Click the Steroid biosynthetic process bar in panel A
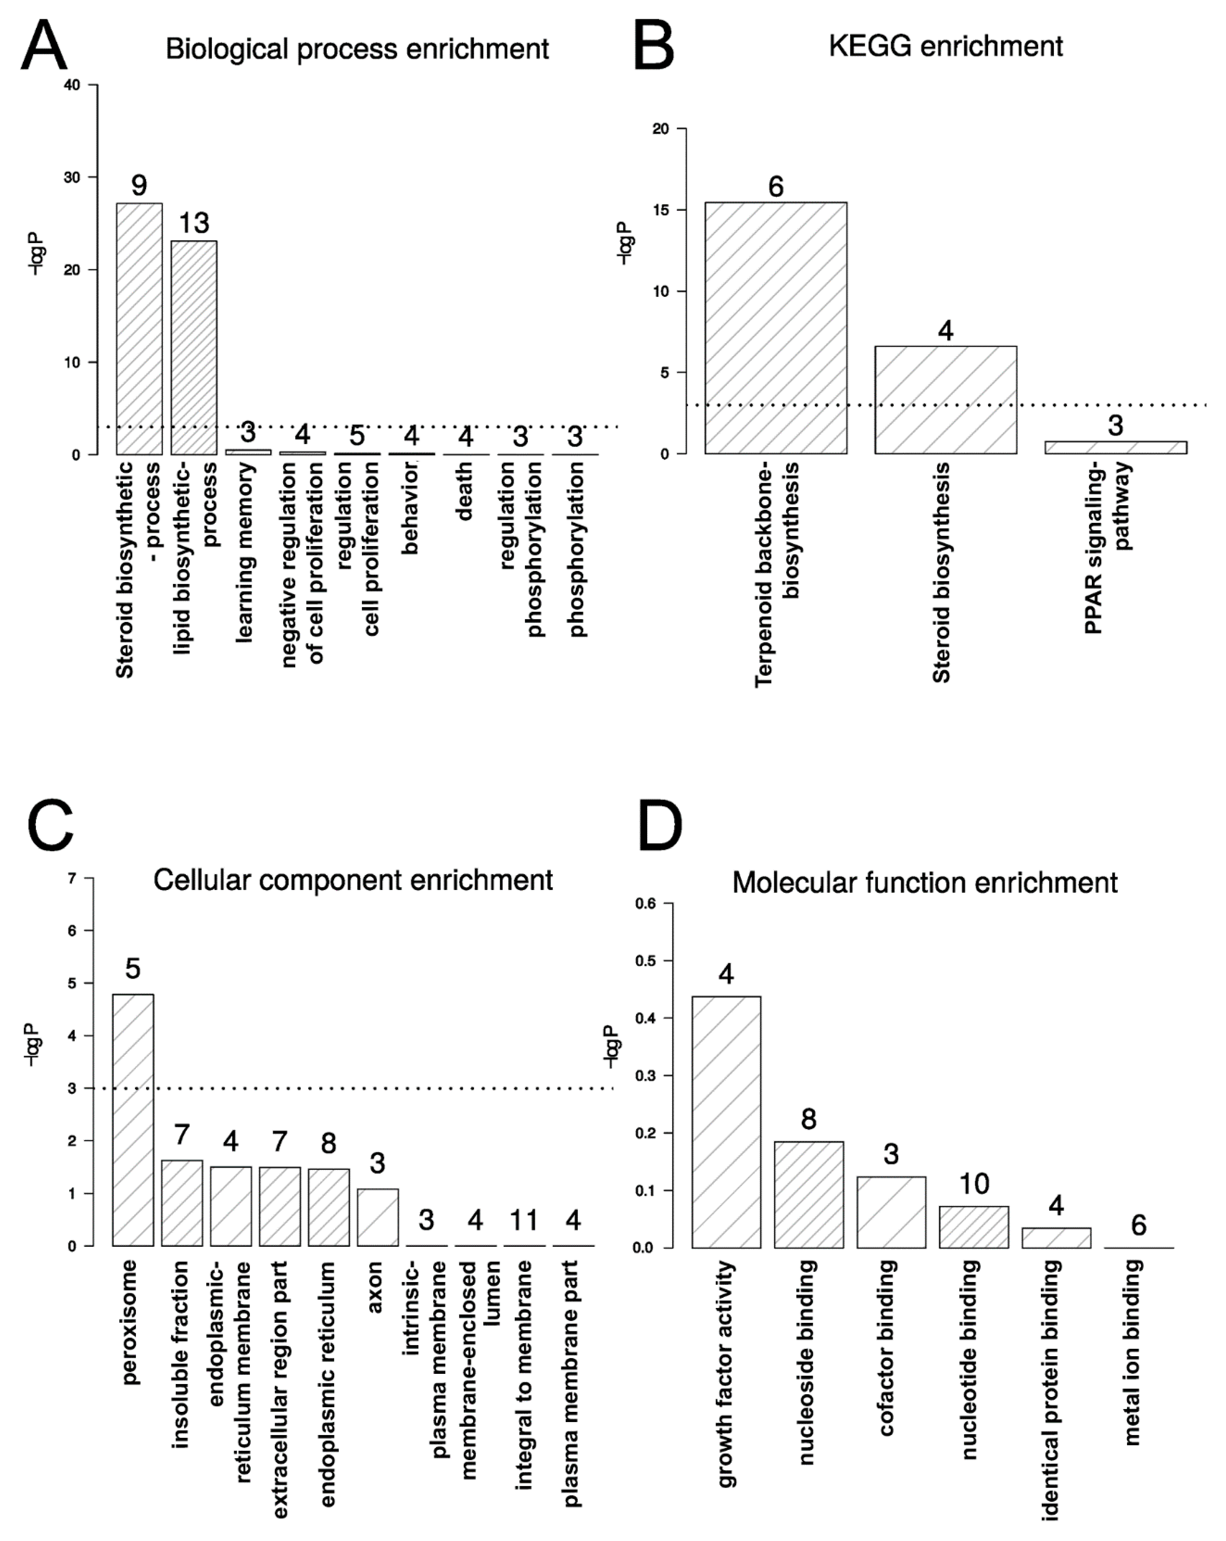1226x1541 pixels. [139, 329]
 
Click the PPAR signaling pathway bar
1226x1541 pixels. [1115, 447]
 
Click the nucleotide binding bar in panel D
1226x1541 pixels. [974, 1227]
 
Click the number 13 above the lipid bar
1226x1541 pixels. [194, 223]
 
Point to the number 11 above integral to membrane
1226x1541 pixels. [524, 1220]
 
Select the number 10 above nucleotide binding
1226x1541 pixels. [974, 1184]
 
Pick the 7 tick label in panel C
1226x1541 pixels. [71, 878]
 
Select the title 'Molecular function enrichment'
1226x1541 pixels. [924, 883]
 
